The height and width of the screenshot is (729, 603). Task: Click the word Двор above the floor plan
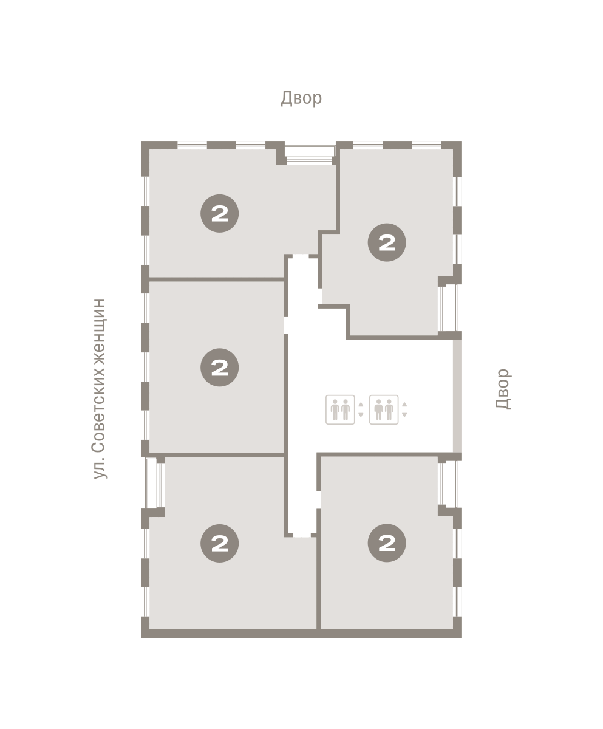click(x=301, y=98)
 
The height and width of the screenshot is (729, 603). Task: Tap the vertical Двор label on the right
click(x=503, y=389)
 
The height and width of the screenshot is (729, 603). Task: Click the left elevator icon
click(x=340, y=409)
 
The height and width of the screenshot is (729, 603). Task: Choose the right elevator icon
click(x=384, y=409)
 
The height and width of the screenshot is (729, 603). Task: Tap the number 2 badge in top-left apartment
click(x=219, y=213)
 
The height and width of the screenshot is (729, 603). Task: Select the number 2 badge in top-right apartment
click(x=387, y=242)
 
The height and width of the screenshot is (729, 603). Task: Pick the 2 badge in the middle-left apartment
click(x=219, y=368)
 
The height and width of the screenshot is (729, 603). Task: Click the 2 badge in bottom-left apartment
click(x=219, y=543)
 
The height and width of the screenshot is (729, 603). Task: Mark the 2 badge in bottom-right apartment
click(x=387, y=543)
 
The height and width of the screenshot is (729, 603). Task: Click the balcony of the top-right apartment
click(x=450, y=308)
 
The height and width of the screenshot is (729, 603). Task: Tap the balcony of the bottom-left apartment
click(x=153, y=483)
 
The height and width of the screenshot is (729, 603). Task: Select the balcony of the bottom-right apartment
click(x=450, y=484)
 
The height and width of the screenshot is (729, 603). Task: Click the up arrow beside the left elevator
click(x=361, y=405)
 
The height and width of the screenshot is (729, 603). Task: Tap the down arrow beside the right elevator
click(x=404, y=415)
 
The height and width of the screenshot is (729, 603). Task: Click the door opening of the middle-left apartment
click(x=285, y=324)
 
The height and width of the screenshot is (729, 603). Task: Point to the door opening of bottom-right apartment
click(x=318, y=499)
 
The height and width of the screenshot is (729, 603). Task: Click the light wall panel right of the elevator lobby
click(x=457, y=396)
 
